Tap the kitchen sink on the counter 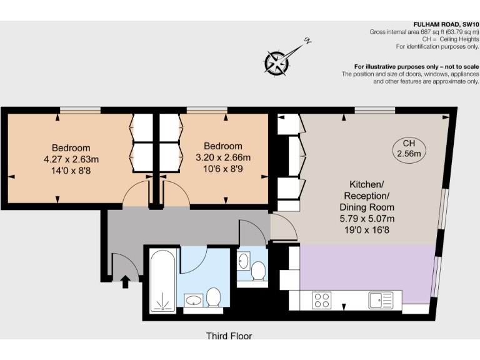[x=380, y=300]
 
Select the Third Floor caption [x=229, y=336]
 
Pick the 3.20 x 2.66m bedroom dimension [x=223, y=157]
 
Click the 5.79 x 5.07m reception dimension [x=366, y=218]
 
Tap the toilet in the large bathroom [x=214, y=297]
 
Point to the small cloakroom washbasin [x=244, y=261]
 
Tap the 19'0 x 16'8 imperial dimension [x=366, y=229]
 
